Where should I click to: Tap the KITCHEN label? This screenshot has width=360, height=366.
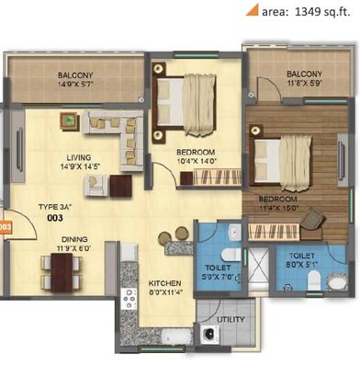coord(166,283)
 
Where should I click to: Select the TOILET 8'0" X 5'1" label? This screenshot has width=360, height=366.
coord(303,260)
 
